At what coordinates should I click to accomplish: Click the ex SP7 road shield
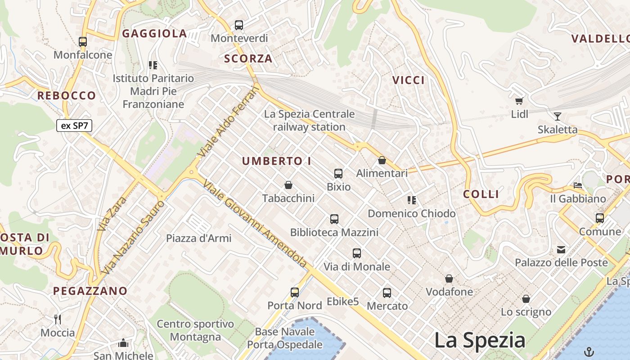pos(74,126)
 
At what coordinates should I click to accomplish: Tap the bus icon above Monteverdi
pos(239,25)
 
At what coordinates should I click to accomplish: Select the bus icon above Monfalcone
pos(83,42)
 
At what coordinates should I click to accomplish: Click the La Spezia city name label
pos(480,340)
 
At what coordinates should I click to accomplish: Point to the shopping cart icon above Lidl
pos(519,101)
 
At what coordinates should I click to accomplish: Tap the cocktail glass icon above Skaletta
pos(558,117)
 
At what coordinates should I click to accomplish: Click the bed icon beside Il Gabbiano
pos(578,185)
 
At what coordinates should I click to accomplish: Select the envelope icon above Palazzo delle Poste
pos(561,249)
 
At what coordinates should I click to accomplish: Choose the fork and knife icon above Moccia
pos(58,319)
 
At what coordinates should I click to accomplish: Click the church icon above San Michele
pos(123,343)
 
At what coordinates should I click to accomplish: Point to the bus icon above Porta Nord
pos(295,292)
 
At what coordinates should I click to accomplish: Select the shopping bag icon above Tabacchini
pos(288,185)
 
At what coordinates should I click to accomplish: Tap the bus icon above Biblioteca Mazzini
pos(334,219)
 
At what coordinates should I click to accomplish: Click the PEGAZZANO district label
pos(90,291)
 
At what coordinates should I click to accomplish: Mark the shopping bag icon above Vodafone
pos(449,279)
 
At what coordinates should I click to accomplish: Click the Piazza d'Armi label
pos(199,238)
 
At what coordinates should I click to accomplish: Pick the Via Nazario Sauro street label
pos(133,238)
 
